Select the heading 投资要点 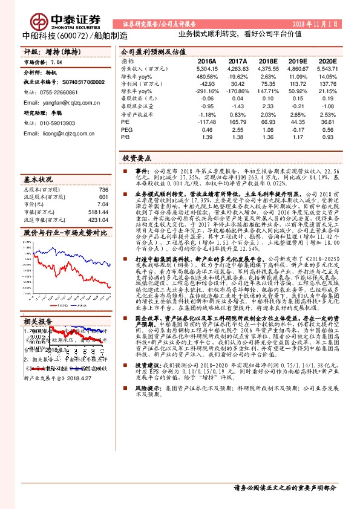137,157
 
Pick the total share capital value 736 102,190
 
